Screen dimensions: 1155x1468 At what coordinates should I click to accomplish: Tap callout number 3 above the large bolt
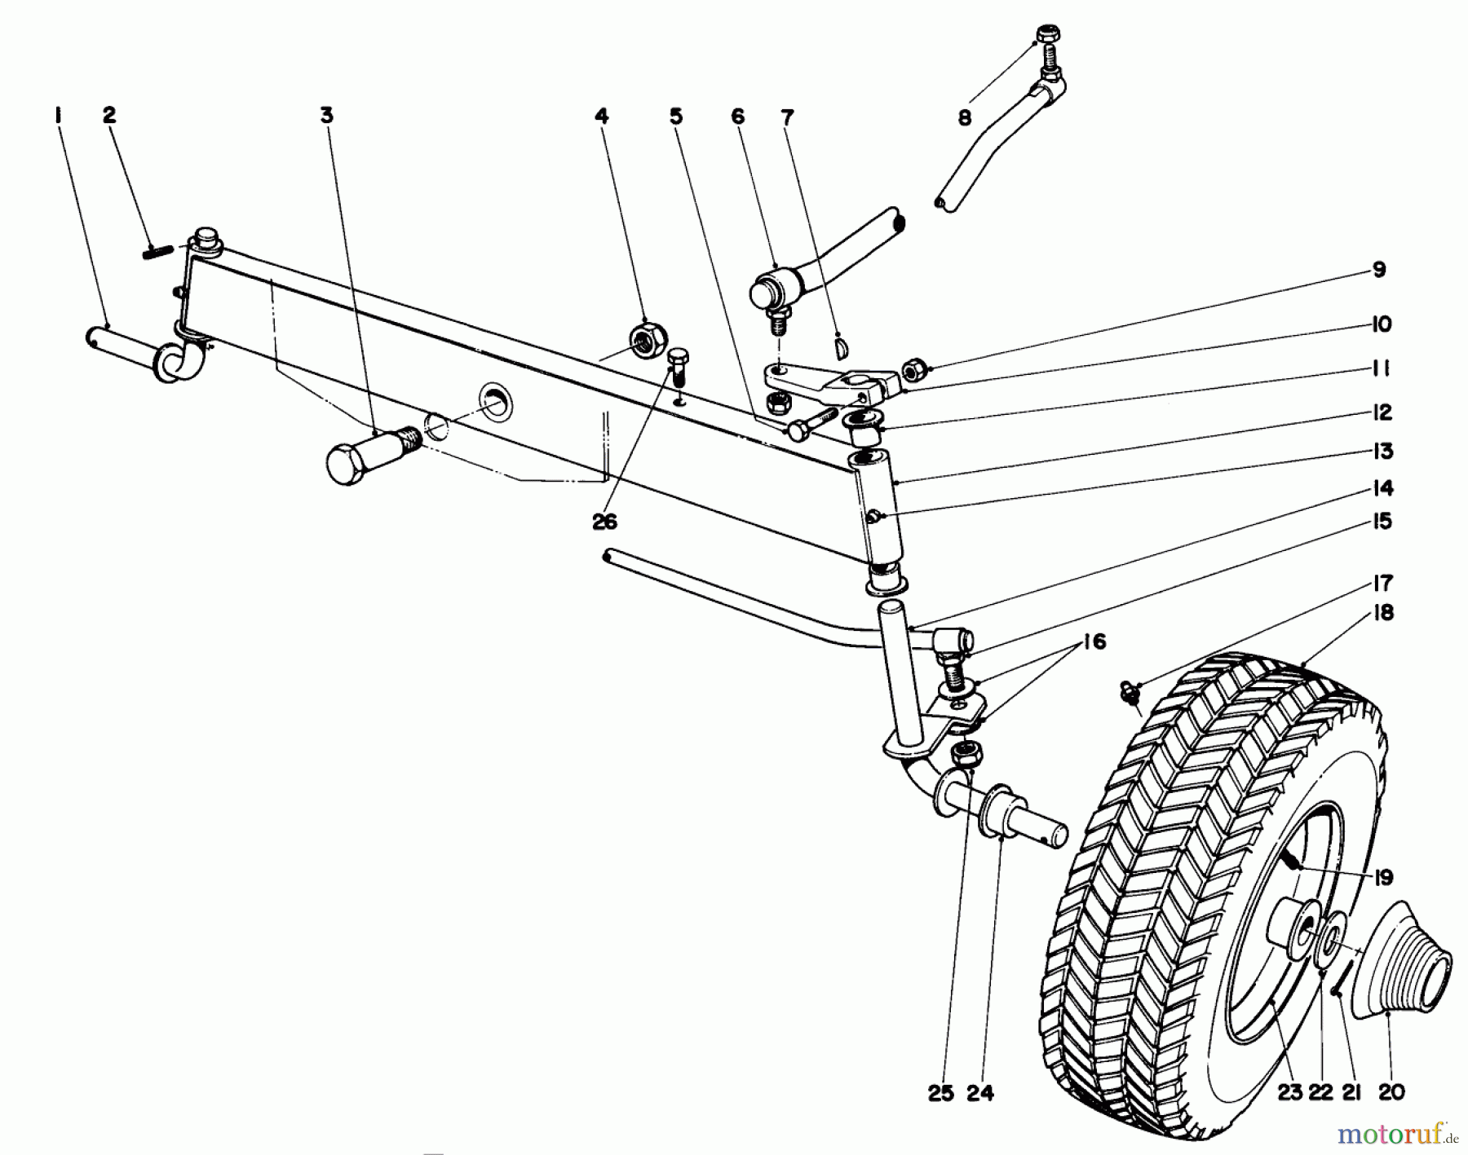(326, 117)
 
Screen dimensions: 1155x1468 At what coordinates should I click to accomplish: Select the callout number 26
(604, 522)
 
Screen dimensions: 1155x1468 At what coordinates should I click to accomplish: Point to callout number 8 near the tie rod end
(965, 118)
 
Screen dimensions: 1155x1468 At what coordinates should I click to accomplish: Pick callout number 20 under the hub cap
(1391, 1093)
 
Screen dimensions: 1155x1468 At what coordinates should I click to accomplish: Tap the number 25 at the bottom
(940, 1094)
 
